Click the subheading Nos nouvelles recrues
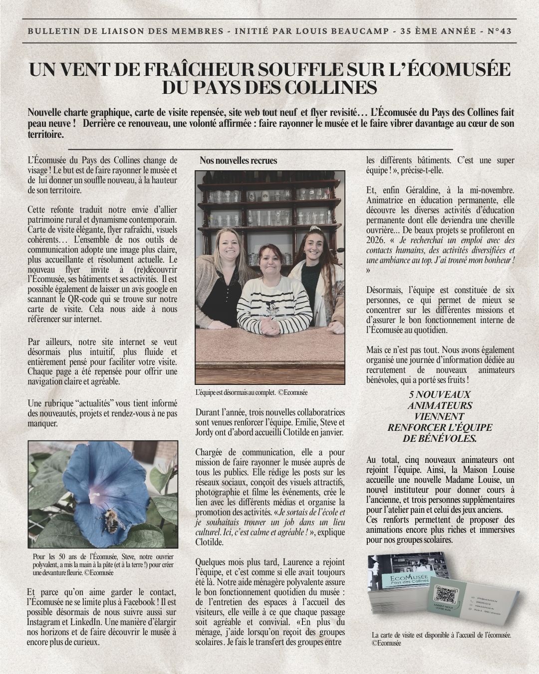coord(238,160)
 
